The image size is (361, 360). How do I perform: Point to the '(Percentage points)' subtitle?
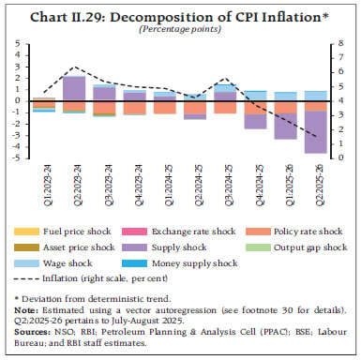[180, 29]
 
